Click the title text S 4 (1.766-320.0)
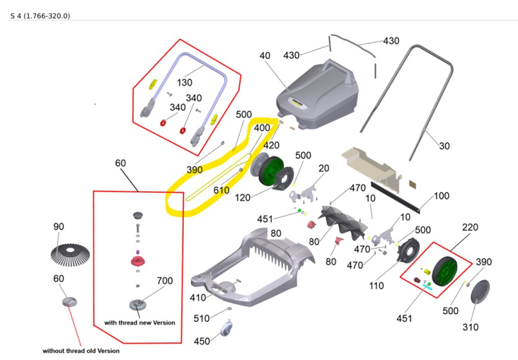click(x=40, y=15)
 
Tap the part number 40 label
click(x=265, y=56)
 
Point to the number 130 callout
click(x=185, y=83)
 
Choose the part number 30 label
click(x=444, y=146)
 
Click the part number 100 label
click(x=441, y=196)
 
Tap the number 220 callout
click(x=469, y=228)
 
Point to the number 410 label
click(x=197, y=298)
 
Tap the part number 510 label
click(x=202, y=318)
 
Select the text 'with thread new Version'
click(x=139, y=322)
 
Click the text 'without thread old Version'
click(x=81, y=351)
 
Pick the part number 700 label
click(x=165, y=281)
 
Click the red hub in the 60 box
click(x=137, y=263)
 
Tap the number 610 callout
click(x=221, y=190)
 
